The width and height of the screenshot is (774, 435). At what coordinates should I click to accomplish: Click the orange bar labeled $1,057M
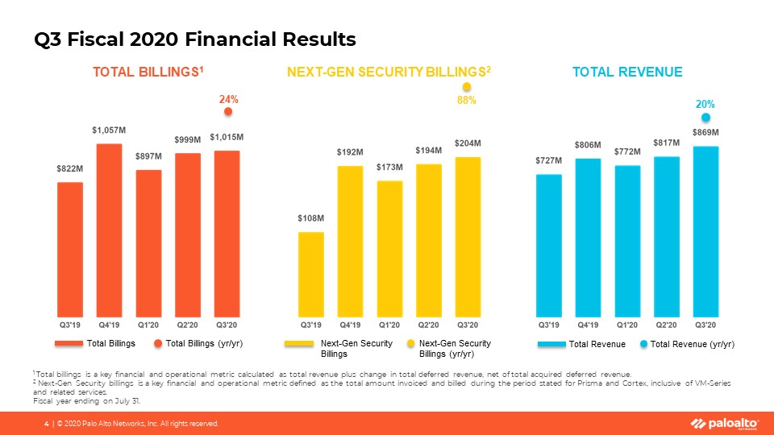[109, 229]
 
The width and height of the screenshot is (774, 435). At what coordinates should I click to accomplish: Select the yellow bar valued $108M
[311, 273]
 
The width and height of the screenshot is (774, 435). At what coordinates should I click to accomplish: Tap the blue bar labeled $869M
[705, 230]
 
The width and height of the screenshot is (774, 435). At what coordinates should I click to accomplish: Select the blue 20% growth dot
[705, 117]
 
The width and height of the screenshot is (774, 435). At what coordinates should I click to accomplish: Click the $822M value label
[69, 169]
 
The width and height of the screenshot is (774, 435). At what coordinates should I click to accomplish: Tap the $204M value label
[468, 143]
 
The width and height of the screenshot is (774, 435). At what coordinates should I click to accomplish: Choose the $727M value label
[548, 160]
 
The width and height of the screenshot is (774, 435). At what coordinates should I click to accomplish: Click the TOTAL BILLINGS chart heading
[148, 72]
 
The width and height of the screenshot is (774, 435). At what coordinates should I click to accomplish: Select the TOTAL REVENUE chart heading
[627, 72]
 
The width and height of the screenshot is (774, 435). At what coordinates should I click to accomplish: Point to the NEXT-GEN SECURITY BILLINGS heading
[389, 72]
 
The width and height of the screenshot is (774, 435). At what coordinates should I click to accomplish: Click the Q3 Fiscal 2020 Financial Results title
[195, 38]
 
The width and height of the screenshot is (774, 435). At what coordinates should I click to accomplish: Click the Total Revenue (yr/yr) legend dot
[643, 344]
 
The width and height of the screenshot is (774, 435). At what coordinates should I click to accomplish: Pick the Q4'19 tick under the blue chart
[588, 325]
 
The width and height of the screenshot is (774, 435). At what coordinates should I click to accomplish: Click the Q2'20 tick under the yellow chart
[428, 325]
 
